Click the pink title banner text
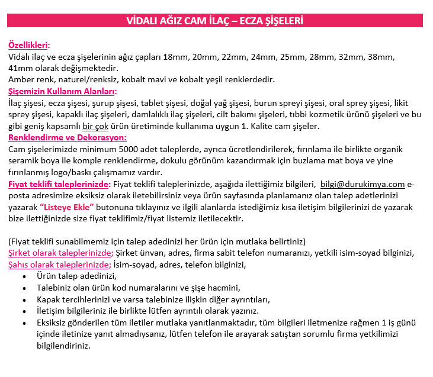click(215, 21)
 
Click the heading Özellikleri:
click(29, 45)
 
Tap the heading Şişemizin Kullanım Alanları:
click(62, 91)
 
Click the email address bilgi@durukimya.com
click(363, 184)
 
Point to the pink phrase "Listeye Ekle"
click(68, 207)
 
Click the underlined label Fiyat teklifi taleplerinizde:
click(59, 184)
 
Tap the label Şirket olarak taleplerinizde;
click(60, 253)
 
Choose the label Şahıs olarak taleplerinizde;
click(59, 265)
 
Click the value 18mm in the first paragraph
click(175, 57)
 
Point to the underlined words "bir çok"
click(96, 126)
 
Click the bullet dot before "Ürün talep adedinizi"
click(24, 276)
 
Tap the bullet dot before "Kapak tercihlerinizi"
click(24, 299)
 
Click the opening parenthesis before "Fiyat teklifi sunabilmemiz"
click(10, 241)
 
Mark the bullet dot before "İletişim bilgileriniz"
click(24, 311)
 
